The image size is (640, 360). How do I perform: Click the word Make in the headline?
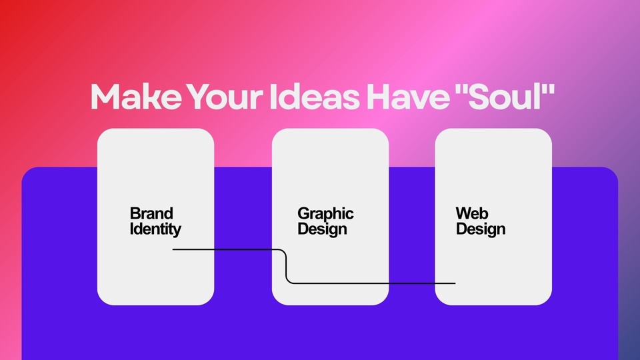click(136, 96)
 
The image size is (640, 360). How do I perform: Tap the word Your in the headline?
click(225, 96)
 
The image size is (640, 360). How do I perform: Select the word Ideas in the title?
click(314, 96)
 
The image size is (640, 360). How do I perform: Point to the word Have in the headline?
click(408, 96)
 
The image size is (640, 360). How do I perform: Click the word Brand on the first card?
click(151, 213)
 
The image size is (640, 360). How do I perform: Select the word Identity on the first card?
click(155, 229)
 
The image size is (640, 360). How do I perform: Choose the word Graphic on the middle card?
click(325, 214)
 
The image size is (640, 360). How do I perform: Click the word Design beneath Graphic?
click(322, 229)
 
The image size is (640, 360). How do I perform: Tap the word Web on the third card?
click(472, 213)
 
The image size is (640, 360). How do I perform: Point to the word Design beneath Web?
click(481, 229)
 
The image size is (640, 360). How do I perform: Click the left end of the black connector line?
click(173, 249)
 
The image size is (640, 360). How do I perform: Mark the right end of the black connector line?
click(455, 283)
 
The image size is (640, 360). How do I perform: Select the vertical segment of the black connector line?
click(286, 266)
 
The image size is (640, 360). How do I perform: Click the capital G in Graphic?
click(303, 213)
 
